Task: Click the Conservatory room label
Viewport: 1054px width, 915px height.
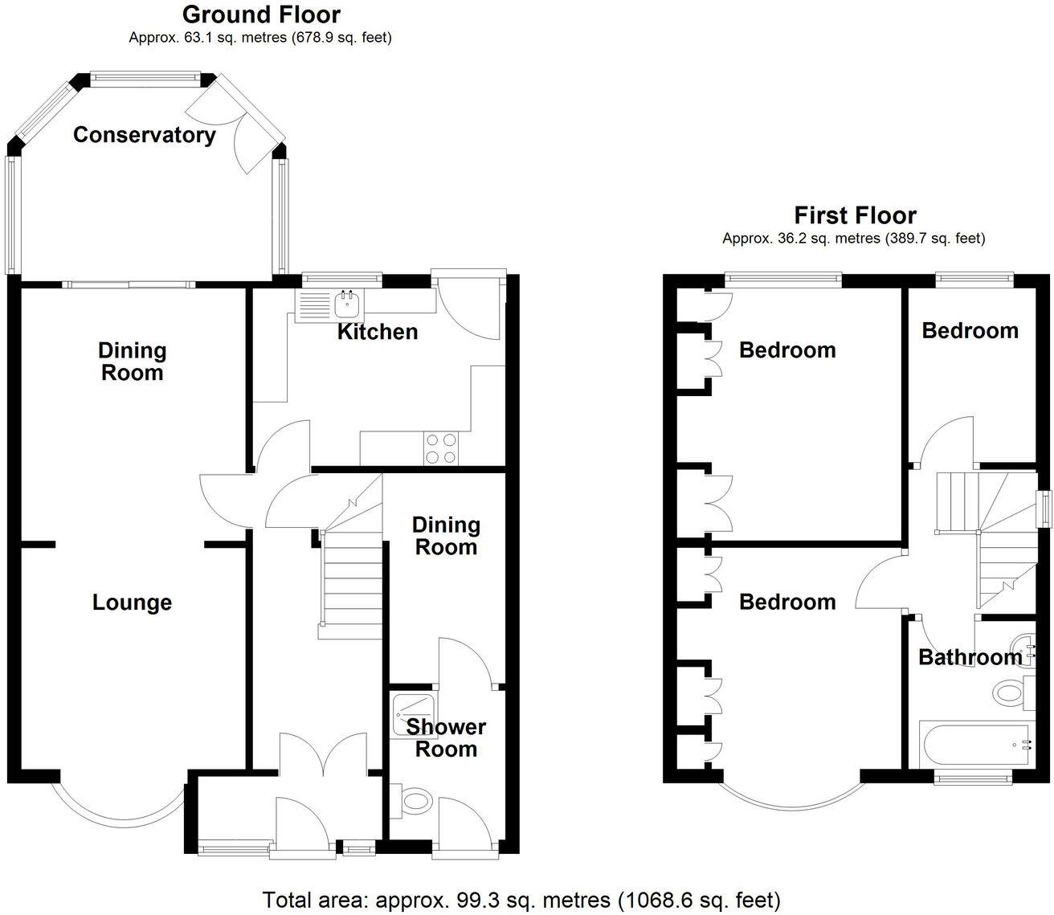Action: (x=144, y=135)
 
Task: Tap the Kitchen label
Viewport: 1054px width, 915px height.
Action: (x=377, y=332)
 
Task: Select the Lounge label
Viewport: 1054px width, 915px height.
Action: (x=132, y=603)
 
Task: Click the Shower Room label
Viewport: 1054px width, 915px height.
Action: (x=446, y=738)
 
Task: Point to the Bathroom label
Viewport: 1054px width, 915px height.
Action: (x=970, y=657)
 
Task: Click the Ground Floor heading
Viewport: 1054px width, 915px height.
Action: (x=261, y=14)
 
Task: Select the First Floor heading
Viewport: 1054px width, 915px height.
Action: (x=855, y=215)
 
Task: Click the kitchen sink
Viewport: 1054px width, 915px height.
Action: (x=348, y=304)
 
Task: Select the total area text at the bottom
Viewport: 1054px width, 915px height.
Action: (x=521, y=899)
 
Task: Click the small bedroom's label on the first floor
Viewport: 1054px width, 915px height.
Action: (x=970, y=331)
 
